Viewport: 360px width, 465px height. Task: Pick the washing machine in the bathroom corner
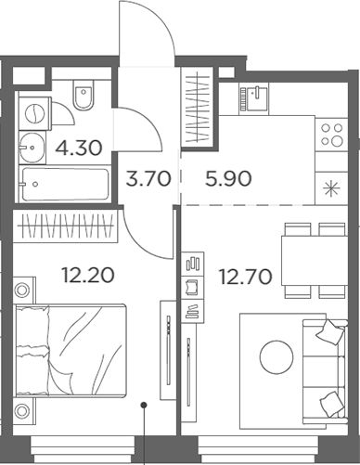pos(33,113)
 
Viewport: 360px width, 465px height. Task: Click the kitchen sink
pos(251,96)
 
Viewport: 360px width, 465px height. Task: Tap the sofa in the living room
pos(329,368)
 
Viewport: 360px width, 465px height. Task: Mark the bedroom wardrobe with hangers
pos(66,226)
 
